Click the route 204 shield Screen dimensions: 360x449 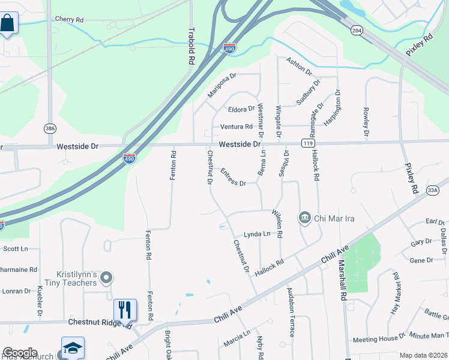pos(357,29)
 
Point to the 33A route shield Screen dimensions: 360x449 pos(433,190)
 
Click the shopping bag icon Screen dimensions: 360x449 pos(7,24)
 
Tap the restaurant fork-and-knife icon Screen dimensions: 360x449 pos(125,310)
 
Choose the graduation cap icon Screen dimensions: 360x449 pos(73,348)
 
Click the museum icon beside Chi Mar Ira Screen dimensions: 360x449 pos(304,217)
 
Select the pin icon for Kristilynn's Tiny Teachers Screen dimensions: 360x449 pos(106,277)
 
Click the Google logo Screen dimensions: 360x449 pos(20,353)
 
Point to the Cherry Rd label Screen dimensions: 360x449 pos(68,19)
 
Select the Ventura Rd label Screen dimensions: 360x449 pos(236,127)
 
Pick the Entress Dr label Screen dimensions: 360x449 pos(233,178)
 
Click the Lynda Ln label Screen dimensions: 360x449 pos(257,234)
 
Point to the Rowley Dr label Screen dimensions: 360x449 pos(366,122)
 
